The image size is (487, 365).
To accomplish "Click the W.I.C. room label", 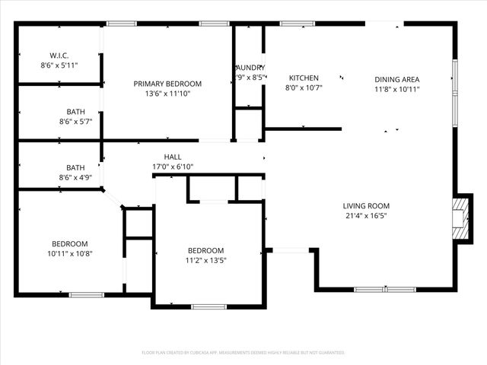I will click(x=59, y=56).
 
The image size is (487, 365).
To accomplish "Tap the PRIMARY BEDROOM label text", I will click(x=167, y=84).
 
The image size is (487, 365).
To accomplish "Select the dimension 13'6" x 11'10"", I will click(x=167, y=94).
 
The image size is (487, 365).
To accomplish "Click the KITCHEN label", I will click(x=304, y=78).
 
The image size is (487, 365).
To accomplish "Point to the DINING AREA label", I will click(x=396, y=79).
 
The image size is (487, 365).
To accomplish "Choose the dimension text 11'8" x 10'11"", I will click(x=396, y=89).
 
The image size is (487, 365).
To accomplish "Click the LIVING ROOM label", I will click(x=366, y=205).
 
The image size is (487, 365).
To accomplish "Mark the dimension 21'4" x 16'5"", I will click(x=366, y=215).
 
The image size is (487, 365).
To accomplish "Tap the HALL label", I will click(x=173, y=157).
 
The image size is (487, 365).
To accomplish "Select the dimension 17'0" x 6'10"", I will click(x=173, y=167).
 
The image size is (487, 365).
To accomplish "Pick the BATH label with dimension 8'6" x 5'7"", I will click(x=75, y=112).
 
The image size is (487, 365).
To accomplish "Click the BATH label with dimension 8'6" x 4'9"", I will click(x=75, y=168).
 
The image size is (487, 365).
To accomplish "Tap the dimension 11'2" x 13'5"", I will click(x=206, y=260).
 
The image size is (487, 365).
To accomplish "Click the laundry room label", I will click(x=250, y=68).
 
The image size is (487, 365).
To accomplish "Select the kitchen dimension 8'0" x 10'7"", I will click(x=304, y=87).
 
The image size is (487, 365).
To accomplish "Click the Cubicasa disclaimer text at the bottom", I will click(x=243, y=353).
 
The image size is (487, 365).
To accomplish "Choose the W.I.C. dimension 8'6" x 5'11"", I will click(x=59, y=65).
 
